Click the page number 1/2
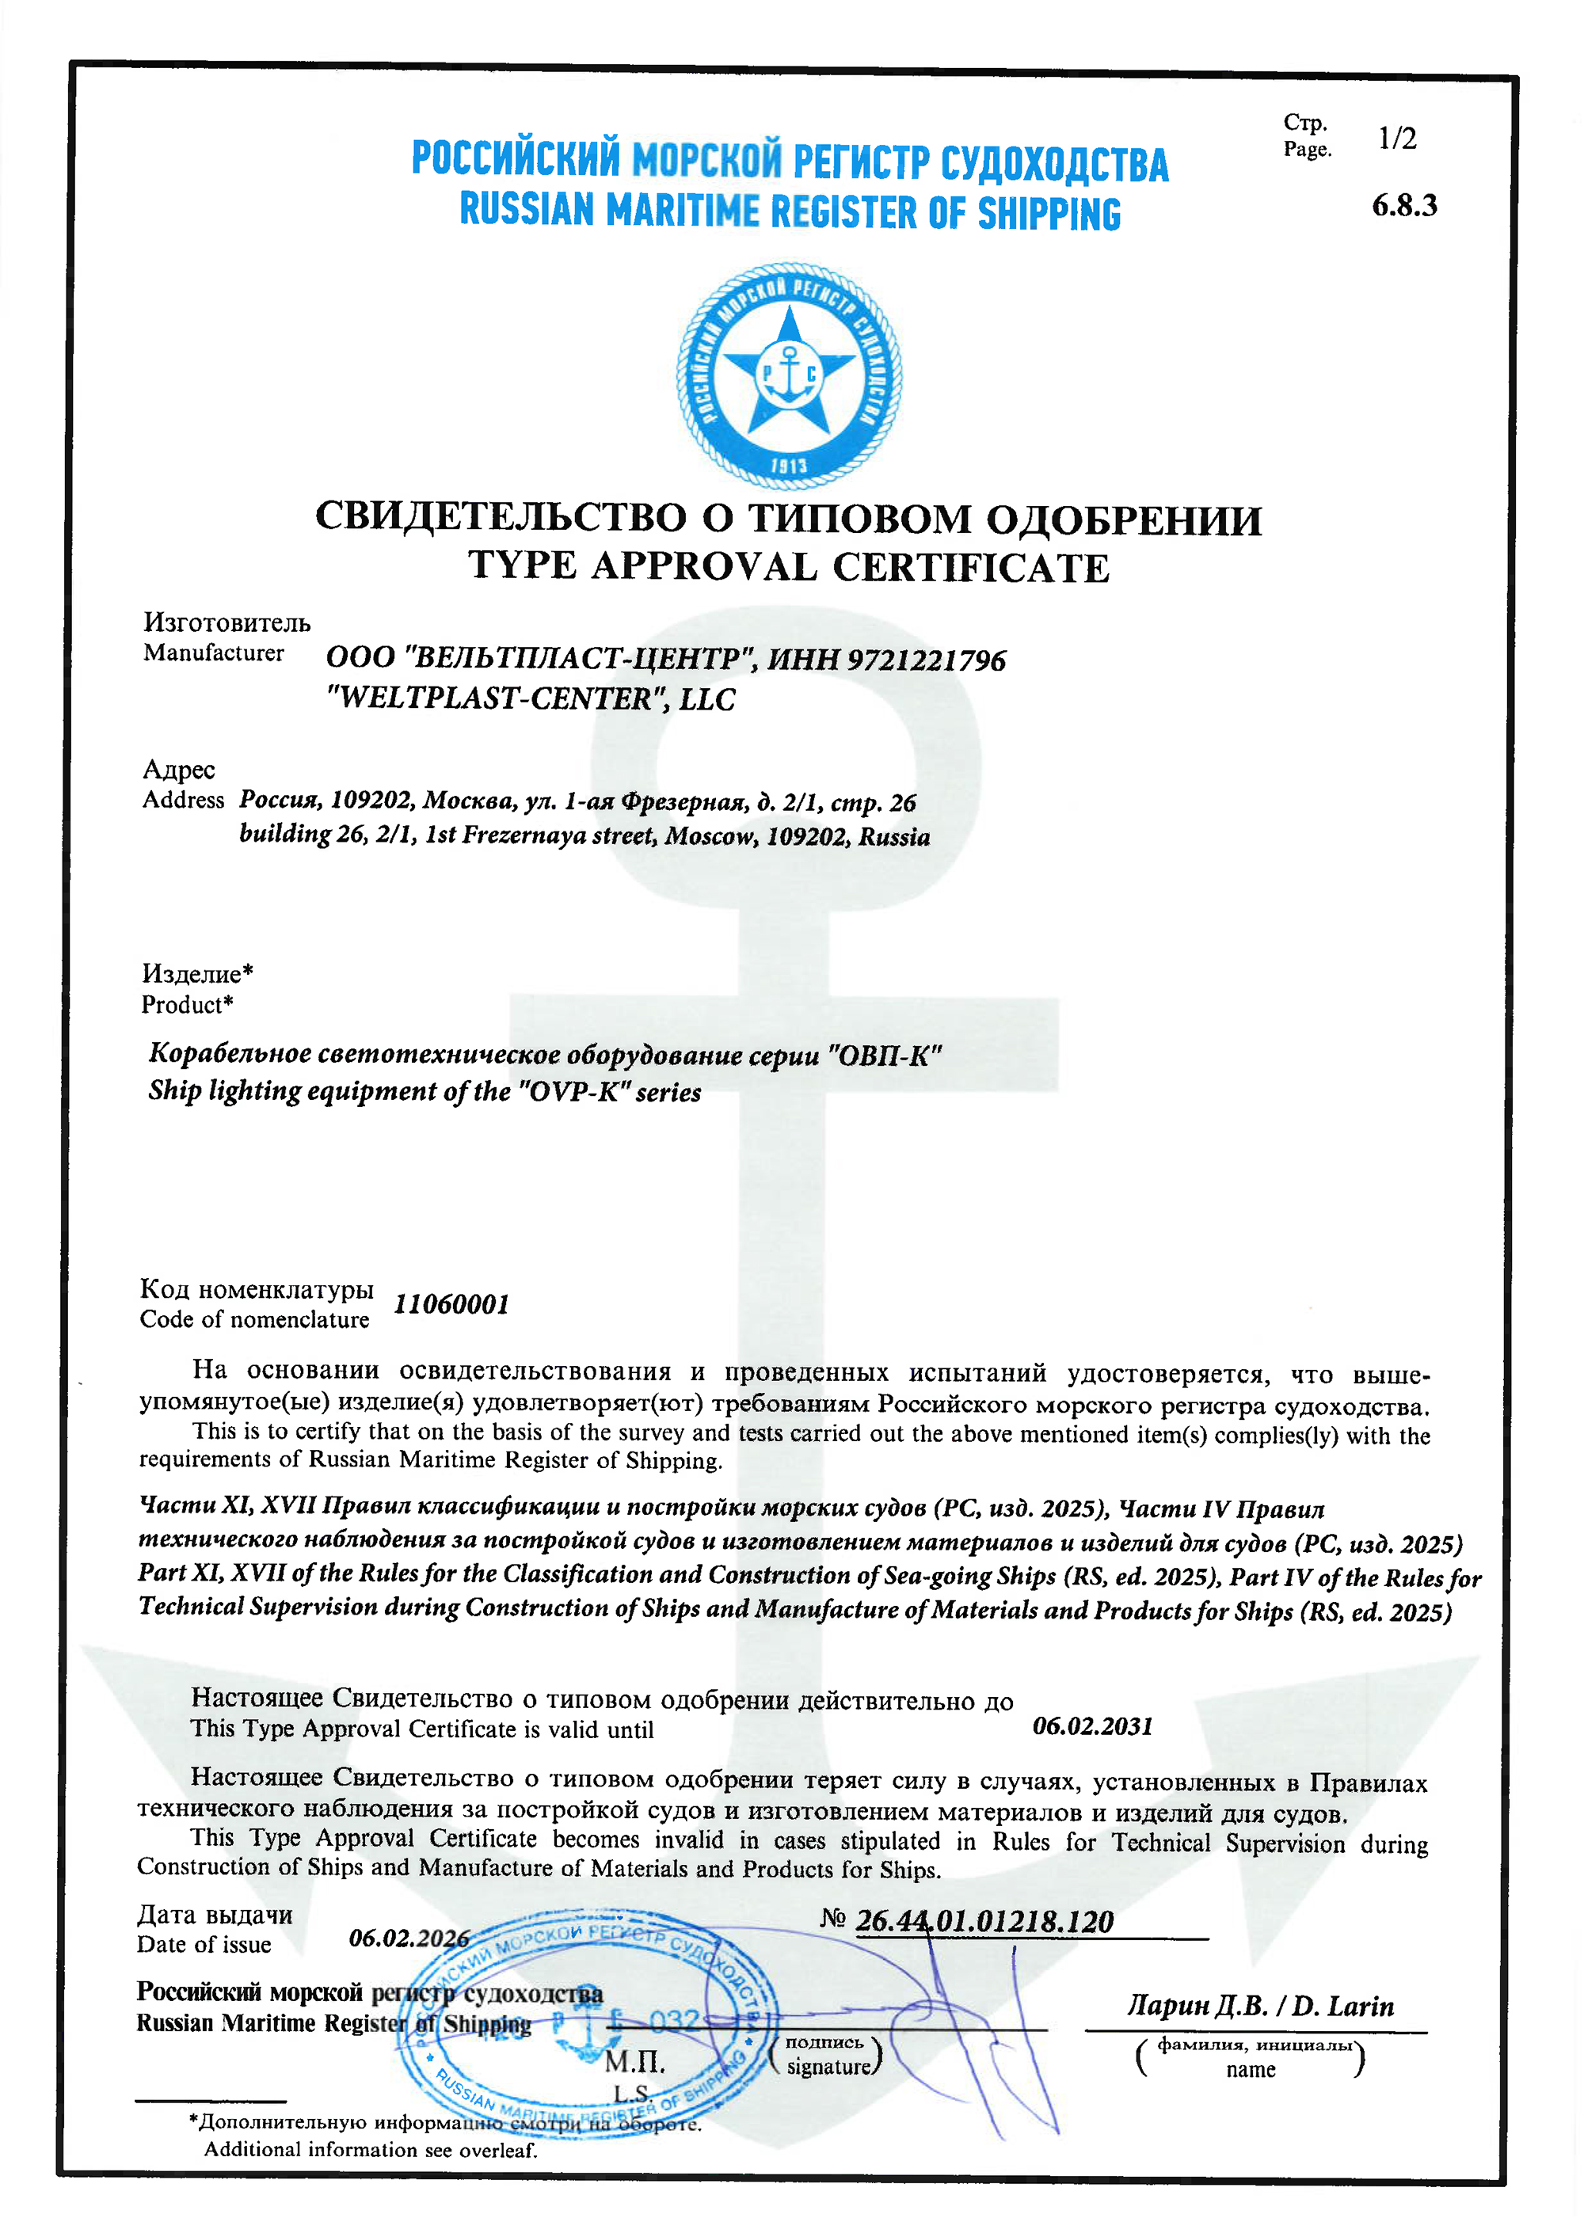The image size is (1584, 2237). coord(1397,139)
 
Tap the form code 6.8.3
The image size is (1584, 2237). coord(1403,206)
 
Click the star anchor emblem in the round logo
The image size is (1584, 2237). coord(789,376)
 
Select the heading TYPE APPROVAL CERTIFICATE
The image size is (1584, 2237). coord(788,566)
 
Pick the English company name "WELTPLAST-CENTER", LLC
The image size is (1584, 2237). coord(531,699)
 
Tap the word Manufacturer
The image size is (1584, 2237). coord(214,652)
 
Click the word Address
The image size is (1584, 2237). coord(184,800)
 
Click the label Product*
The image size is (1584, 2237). coord(187,1004)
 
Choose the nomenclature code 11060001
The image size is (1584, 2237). coord(451,1303)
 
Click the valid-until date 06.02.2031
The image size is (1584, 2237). coord(1092,1726)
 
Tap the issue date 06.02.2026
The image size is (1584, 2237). coord(409,1938)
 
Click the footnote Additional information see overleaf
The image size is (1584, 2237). coord(371,2149)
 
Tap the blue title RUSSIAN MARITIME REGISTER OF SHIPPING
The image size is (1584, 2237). coord(790,211)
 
